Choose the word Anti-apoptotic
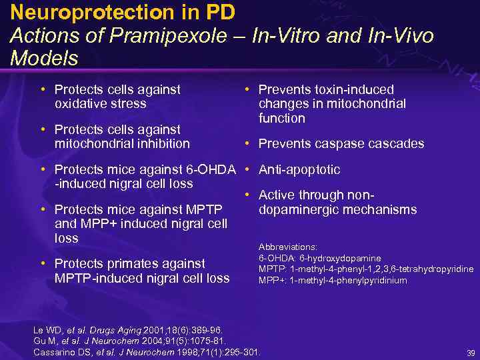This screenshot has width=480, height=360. [299, 169]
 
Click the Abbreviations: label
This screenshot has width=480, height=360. [287, 246]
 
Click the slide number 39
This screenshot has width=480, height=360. [471, 353]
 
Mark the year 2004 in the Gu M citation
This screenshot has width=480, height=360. [157, 341]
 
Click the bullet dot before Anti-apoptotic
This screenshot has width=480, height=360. [247, 169]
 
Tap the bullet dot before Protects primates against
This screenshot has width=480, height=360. [43, 263]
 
